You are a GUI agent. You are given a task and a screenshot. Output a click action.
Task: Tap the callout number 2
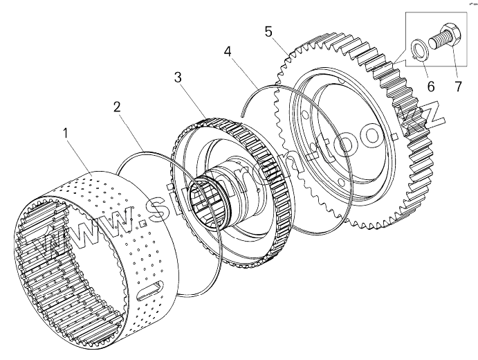118,107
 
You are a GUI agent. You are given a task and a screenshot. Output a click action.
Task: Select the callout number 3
178,78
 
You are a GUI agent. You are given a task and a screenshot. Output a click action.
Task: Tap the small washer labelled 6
418,49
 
